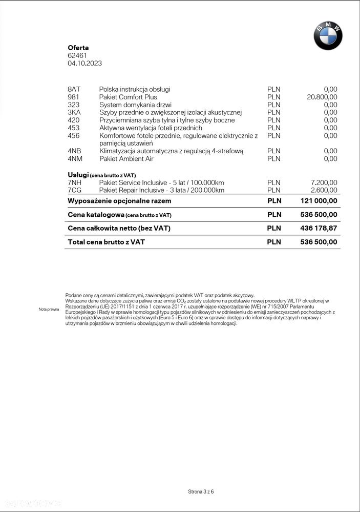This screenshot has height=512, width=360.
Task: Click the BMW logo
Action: coord(328,36)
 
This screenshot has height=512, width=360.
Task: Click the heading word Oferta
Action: coord(78,48)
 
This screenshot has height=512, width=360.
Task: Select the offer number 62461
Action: coord(77,55)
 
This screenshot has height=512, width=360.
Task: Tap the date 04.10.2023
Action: coord(84,64)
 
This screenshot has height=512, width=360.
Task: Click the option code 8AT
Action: coord(74,89)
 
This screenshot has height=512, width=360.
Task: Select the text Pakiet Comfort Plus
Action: coord(128,97)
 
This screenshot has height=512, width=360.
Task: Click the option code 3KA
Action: coord(74,112)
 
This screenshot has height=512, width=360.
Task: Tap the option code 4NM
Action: coord(75,159)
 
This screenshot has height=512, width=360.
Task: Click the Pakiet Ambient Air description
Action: coord(126,159)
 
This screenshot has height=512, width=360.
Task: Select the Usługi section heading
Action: coord(78,175)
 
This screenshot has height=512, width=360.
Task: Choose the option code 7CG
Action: coord(75,190)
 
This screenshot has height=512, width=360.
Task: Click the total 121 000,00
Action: coord(319,201)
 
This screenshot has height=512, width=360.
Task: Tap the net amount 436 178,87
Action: coord(319,228)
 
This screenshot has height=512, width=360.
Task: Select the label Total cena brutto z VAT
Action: coord(106,242)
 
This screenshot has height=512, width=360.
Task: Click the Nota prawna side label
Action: coord(49,310)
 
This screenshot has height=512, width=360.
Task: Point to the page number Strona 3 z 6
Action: coord(201,491)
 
